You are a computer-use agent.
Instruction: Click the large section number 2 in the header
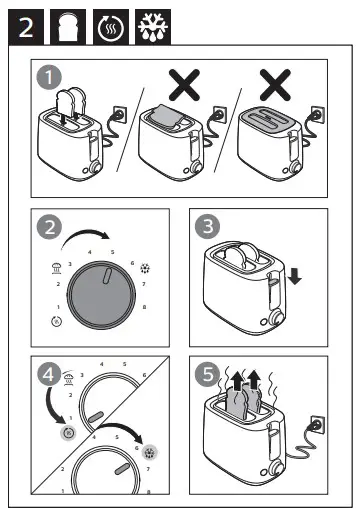[x=26, y=27]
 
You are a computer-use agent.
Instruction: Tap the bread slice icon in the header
[x=68, y=27]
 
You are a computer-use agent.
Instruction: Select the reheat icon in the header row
[x=111, y=28]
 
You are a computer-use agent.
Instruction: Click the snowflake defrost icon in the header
[x=153, y=27]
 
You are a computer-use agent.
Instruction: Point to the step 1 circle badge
[x=49, y=77]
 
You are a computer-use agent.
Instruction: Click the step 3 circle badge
[x=207, y=226]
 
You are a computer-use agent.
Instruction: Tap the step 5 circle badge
[x=207, y=374]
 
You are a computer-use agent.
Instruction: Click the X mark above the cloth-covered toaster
[x=184, y=85]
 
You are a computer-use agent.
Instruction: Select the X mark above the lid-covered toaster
[x=275, y=85]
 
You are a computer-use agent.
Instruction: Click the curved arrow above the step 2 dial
[x=85, y=231]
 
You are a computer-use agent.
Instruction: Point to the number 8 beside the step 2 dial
[x=144, y=307]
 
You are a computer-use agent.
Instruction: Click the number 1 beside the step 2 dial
[x=58, y=307]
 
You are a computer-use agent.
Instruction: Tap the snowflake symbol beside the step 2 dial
[x=145, y=268]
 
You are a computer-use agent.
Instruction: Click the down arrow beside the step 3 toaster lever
[x=295, y=276]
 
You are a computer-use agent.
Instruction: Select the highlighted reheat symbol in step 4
[x=68, y=433]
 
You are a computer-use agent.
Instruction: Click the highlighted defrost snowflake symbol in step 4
[x=150, y=452]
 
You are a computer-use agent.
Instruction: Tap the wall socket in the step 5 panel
[x=318, y=425]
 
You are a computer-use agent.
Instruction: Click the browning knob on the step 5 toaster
[x=276, y=469]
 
